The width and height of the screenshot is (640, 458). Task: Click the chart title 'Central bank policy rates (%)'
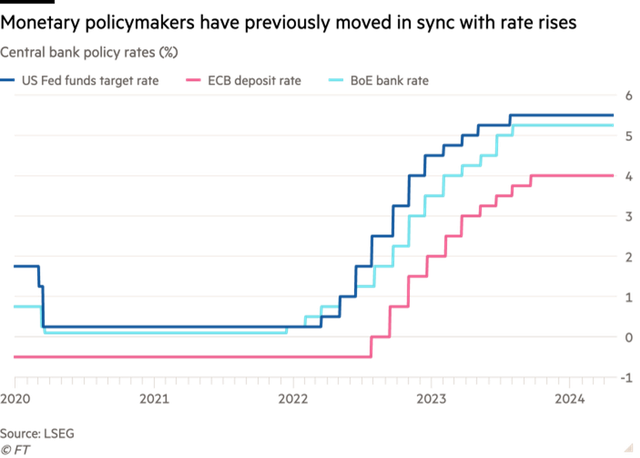tap(89, 50)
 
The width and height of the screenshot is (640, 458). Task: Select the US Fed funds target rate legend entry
tap(85, 79)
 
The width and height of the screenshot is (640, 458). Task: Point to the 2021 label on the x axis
tap(153, 398)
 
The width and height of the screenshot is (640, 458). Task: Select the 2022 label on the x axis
tap(292, 398)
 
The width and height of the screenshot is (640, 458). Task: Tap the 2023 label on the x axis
tap(431, 398)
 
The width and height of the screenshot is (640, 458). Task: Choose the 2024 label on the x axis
tap(570, 398)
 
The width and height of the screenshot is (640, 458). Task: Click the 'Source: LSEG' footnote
tap(36, 433)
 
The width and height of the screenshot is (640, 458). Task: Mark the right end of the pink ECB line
tap(613, 176)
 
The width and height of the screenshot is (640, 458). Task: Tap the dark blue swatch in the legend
tap(7, 79)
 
